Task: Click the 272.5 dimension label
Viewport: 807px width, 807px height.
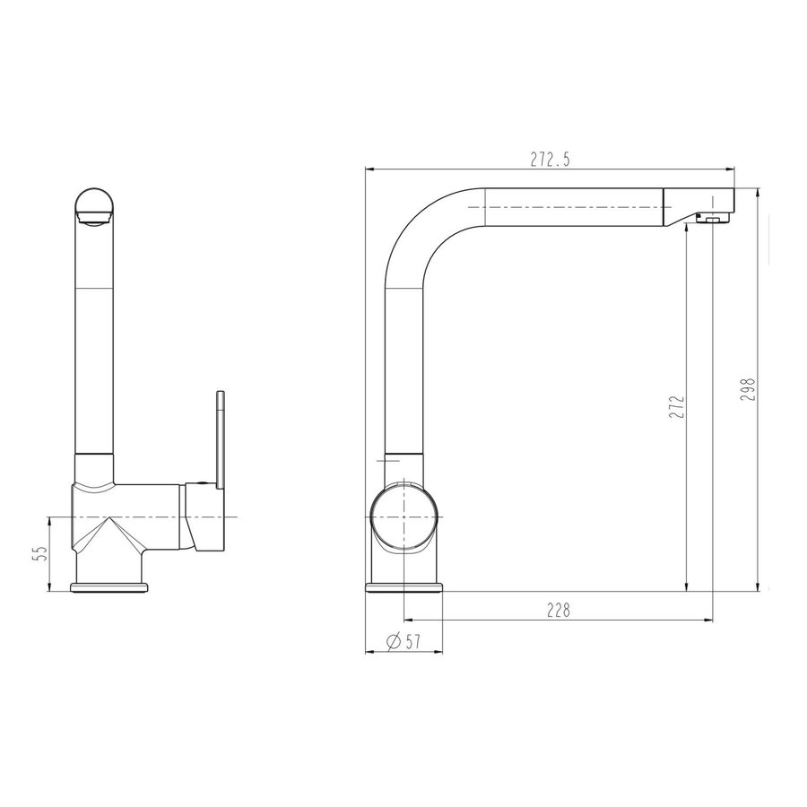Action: [551, 161]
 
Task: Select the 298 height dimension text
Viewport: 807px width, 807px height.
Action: [750, 389]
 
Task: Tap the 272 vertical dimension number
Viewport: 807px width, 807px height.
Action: [679, 406]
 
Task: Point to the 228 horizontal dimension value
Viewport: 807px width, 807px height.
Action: [559, 611]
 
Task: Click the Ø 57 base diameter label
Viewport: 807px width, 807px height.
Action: [403, 641]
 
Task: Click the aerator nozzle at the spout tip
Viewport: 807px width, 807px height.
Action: [712, 220]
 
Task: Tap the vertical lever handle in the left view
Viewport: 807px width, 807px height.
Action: [221, 440]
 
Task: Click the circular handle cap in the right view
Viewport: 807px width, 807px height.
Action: [404, 516]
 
